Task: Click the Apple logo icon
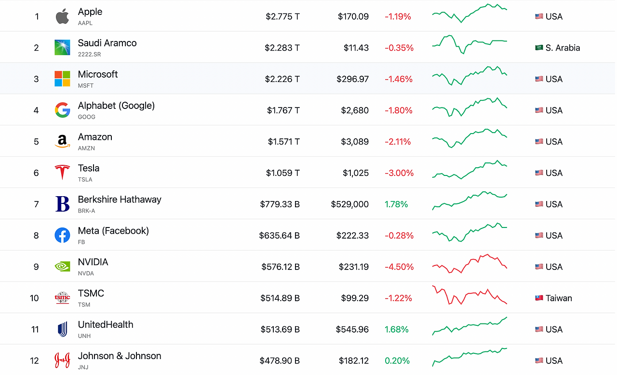coord(62,16)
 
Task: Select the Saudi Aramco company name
coord(107,43)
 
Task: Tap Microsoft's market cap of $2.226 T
coord(282,79)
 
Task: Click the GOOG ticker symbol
coord(86,117)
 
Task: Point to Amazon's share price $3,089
coord(355,142)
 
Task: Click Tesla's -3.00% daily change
coord(399,173)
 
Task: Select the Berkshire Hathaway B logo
coord(62,204)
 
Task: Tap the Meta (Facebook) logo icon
coord(62,235)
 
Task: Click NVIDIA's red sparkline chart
coord(469,264)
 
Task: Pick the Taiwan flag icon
coord(539,298)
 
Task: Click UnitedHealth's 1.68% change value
coord(396,329)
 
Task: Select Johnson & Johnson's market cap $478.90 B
coord(280,361)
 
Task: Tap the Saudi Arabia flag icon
coord(539,48)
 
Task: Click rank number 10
coord(34,298)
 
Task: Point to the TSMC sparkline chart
coord(469,295)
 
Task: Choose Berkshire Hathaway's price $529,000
coord(350,204)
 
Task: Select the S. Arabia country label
coord(563,48)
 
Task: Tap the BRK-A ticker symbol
coord(86,211)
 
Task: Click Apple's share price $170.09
coord(353,16)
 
